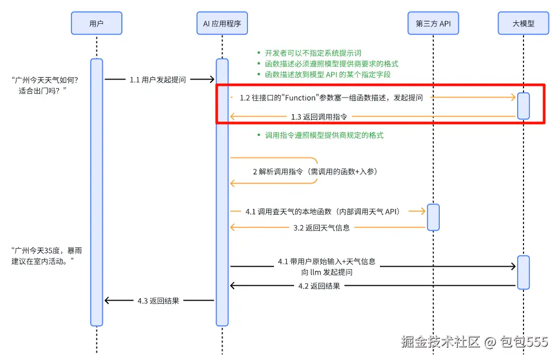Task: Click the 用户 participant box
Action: click(96, 23)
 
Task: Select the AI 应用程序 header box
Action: click(222, 23)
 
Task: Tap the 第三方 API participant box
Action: click(433, 23)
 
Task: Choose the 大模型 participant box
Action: click(523, 23)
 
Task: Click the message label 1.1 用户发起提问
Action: click(157, 80)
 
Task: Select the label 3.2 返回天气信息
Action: click(322, 228)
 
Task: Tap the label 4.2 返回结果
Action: click(319, 286)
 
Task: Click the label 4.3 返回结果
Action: click(158, 301)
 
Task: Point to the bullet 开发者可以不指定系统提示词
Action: click(313, 53)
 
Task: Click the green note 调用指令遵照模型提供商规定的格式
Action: click(324, 135)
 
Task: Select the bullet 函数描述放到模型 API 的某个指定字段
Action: click(327, 75)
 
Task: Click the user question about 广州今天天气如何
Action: click(45, 85)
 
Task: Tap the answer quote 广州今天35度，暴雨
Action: click(47, 256)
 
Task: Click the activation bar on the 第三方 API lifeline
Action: click(433, 217)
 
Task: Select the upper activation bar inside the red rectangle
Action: click(523, 106)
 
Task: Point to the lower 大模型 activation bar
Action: click(523, 272)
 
